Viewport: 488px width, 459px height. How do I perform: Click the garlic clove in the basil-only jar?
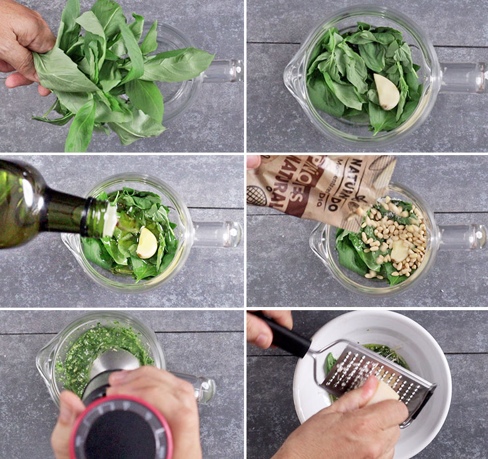tap(387, 91)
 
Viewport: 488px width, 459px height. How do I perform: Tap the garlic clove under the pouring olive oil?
tap(146, 243)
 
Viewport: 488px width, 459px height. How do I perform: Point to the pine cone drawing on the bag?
tap(257, 196)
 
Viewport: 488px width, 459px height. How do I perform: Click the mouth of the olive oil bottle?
tap(109, 219)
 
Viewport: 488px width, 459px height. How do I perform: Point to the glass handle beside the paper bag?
tap(462, 237)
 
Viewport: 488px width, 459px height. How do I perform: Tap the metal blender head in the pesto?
tap(113, 363)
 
